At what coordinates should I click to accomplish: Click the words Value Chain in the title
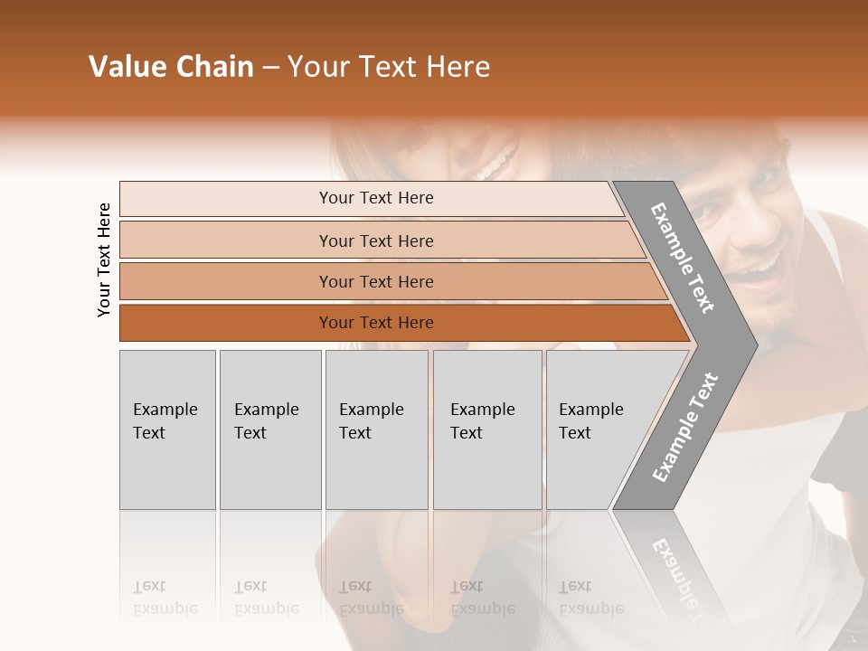point(171,67)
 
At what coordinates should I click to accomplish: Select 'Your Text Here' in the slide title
point(388,67)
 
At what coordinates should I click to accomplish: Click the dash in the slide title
point(270,68)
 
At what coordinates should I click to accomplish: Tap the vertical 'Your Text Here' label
point(104,259)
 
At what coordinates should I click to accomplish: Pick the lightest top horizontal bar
point(371,198)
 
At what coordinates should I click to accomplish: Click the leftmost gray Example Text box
point(167,429)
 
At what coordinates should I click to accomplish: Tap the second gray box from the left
point(269,429)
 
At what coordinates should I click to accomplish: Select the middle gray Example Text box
point(376,429)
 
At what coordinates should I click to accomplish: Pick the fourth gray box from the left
point(486,429)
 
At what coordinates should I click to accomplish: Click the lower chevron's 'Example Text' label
point(685,427)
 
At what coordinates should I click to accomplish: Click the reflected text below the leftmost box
point(165,599)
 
